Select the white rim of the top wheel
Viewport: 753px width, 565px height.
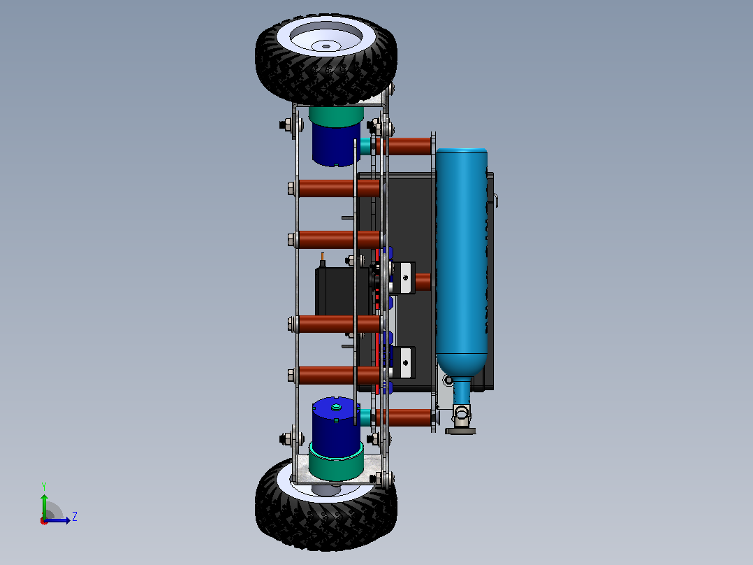coord(327,38)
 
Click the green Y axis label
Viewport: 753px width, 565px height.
coord(44,487)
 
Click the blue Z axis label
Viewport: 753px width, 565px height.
coord(75,517)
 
